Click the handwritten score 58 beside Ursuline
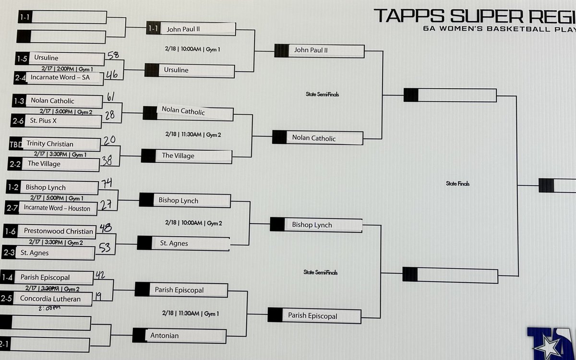tap(113, 56)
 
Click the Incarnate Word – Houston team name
tap(57, 208)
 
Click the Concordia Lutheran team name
tap(50, 299)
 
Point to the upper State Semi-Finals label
tap(322, 95)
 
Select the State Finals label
tap(457, 184)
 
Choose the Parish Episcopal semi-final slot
tap(312, 316)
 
